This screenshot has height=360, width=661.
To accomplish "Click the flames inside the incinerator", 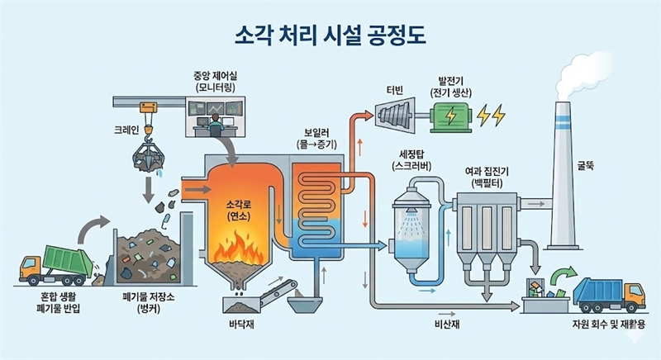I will click(x=236, y=245).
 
